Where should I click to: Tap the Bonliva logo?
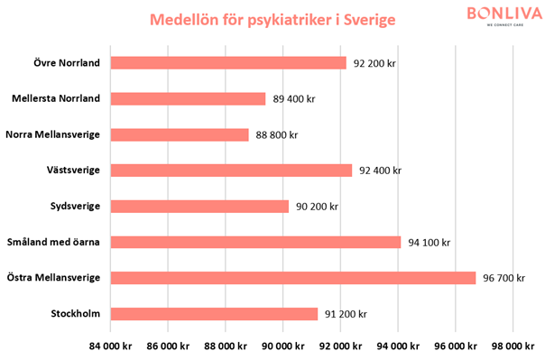(x=505, y=15)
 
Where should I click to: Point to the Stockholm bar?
(x=214, y=314)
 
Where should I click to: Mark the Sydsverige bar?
(x=199, y=207)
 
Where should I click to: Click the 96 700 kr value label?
(x=503, y=278)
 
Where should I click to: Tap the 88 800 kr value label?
(x=275, y=134)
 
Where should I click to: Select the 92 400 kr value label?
(x=379, y=171)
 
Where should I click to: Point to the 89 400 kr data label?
(x=292, y=99)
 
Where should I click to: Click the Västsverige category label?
(x=79, y=171)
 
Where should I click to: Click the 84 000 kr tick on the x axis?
(x=110, y=346)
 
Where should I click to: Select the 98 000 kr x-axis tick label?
(x=513, y=346)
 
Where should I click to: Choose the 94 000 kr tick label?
(x=398, y=346)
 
